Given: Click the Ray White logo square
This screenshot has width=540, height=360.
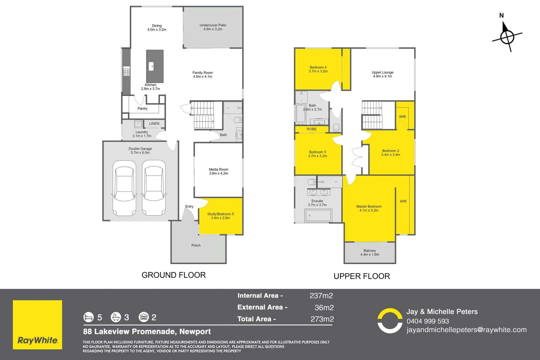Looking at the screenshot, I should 37,325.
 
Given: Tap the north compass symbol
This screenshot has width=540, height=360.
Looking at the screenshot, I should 507,37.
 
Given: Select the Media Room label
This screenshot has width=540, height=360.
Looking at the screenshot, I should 219,170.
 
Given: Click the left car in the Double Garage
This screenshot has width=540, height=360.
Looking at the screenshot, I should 124,188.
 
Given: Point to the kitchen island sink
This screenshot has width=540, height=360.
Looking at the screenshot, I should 151,66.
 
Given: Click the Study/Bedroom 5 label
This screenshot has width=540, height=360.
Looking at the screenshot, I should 220,214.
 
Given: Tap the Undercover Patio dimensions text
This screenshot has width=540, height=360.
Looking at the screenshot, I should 213,29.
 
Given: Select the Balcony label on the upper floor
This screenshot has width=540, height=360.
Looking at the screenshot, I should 370,251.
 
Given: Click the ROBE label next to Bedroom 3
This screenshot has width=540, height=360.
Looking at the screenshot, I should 312,129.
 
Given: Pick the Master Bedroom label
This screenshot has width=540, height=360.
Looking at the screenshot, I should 369,207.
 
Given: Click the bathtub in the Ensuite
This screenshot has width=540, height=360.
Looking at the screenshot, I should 318,216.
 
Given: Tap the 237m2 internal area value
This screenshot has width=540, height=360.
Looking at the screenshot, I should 321,296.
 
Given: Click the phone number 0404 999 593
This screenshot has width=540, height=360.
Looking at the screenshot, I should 428,321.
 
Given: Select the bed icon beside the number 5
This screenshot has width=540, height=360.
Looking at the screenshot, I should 88,317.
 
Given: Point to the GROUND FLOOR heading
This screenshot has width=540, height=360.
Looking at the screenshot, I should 174,275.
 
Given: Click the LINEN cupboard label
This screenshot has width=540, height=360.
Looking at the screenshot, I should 154,124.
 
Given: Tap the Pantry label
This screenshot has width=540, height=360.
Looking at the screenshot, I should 142,109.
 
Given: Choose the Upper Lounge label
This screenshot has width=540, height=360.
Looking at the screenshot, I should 382,72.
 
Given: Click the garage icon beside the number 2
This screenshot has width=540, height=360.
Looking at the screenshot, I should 144,317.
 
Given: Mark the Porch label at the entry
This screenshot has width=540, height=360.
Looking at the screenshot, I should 196,245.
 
